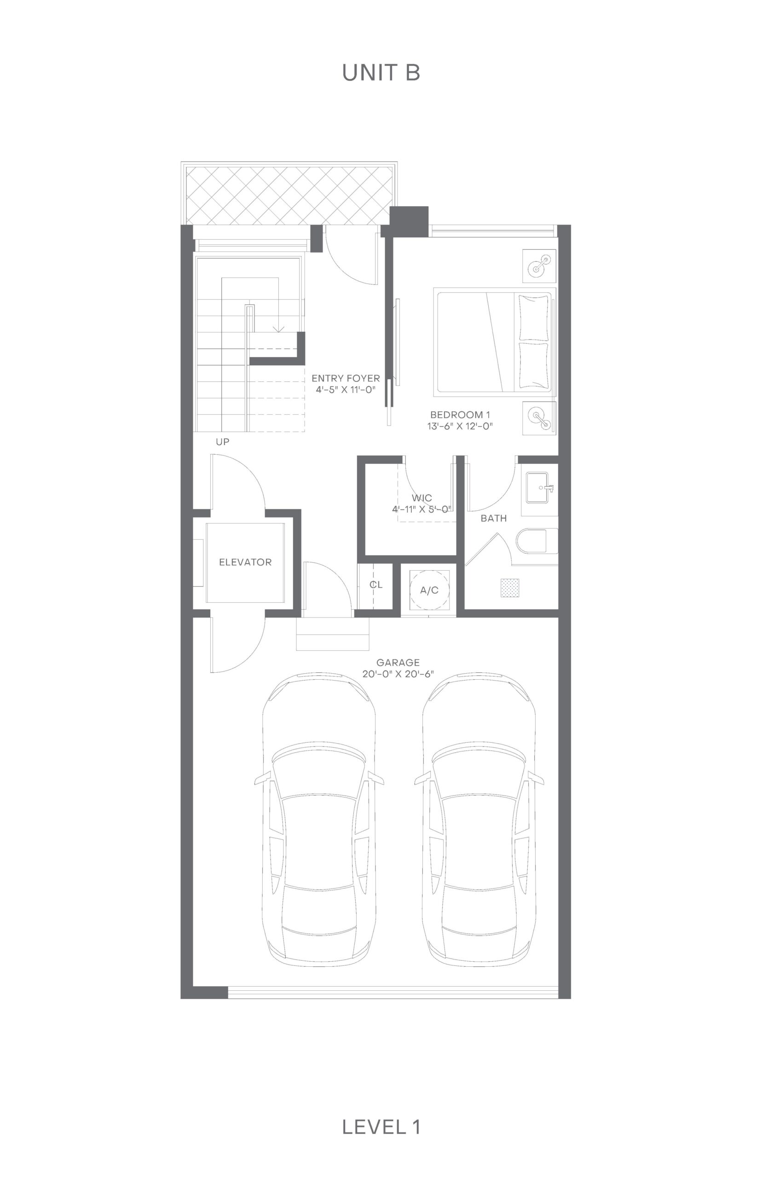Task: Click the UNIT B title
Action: tap(381, 73)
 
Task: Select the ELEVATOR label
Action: tap(245, 562)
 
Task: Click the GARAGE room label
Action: tap(398, 662)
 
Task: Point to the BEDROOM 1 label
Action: tap(460, 415)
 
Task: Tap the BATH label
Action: tap(494, 518)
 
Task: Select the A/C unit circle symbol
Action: tap(429, 590)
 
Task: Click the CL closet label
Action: tap(376, 584)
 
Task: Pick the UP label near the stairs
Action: tap(223, 442)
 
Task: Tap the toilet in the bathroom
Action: tap(537, 541)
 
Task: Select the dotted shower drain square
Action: tap(510, 587)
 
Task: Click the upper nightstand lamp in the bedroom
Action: tap(539, 265)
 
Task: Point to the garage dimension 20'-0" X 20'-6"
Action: tap(398, 674)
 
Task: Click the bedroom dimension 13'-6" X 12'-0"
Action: tap(460, 426)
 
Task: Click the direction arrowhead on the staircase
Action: tap(279, 329)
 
